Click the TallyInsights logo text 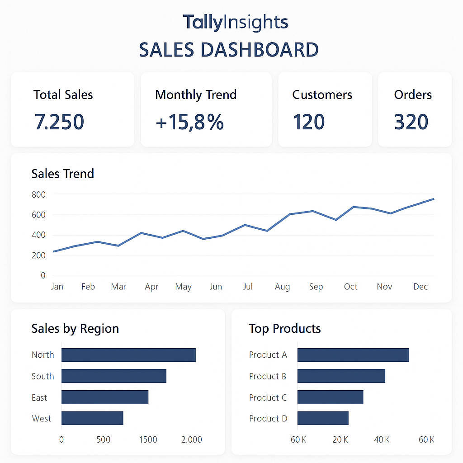[x=235, y=23]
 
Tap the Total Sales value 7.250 [x=59, y=122]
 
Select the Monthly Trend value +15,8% [x=189, y=122]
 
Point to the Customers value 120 [x=309, y=122]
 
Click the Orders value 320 [x=411, y=122]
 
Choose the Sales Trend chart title [x=63, y=174]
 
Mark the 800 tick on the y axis [x=38, y=194]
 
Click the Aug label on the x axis [x=282, y=287]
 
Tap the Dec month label [x=420, y=287]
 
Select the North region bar [x=128, y=355]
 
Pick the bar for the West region [x=92, y=418]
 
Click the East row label [x=39, y=397]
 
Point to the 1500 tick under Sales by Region [x=148, y=439]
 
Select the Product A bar [x=353, y=355]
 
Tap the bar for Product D [x=323, y=418]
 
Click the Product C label [x=268, y=397]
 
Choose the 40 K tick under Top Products [x=382, y=439]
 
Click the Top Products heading [x=284, y=328]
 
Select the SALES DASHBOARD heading [x=229, y=50]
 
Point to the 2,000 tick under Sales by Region [x=191, y=439]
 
